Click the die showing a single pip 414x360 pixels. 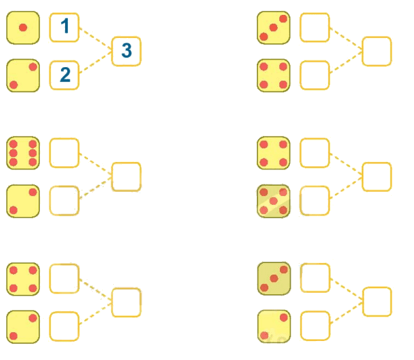coord(23,28)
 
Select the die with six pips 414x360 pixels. coord(23,153)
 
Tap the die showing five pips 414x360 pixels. coord(274,201)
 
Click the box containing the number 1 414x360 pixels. coord(64,28)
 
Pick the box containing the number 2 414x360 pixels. coord(64,75)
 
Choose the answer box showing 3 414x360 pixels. coord(126,52)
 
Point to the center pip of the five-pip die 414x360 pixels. coord(274,201)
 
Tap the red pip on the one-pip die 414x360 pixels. coord(23,28)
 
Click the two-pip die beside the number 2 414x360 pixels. coord(23,75)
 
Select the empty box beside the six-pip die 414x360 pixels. coord(64,153)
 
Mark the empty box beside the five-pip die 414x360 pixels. coord(314,201)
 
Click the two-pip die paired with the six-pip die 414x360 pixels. coord(23,201)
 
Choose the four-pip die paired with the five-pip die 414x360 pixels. coord(274,153)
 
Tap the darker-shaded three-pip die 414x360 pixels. coord(274,279)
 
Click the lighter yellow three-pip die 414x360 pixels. coord(274,28)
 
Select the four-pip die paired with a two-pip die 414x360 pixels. coord(23,279)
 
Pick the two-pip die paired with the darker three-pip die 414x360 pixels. coord(274,327)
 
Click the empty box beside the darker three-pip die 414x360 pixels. coord(315,278)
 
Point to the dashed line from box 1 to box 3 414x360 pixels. coord(96,38)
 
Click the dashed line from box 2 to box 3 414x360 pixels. coord(96,62)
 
